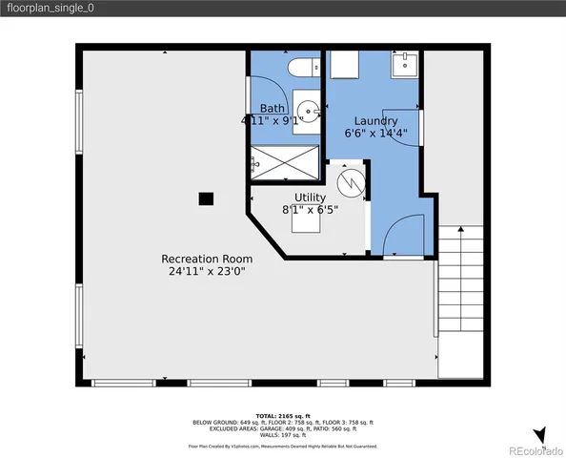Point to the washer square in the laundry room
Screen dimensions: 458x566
[x=344, y=64]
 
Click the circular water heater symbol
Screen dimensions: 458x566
[x=350, y=180]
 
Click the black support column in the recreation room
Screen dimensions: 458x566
[x=205, y=198]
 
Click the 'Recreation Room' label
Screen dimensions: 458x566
[x=207, y=259]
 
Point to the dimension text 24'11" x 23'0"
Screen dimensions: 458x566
[x=207, y=271]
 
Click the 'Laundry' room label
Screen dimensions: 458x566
[x=375, y=121]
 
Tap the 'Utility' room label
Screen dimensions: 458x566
[x=310, y=198]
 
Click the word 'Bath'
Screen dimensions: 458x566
[x=273, y=109]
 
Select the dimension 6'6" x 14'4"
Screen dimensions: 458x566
[x=375, y=134]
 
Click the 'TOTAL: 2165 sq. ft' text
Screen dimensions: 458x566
[x=283, y=416]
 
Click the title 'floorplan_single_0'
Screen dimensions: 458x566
[x=52, y=9]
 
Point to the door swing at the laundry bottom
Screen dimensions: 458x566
[x=401, y=236]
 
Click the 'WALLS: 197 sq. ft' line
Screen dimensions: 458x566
[x=283, y=435]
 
